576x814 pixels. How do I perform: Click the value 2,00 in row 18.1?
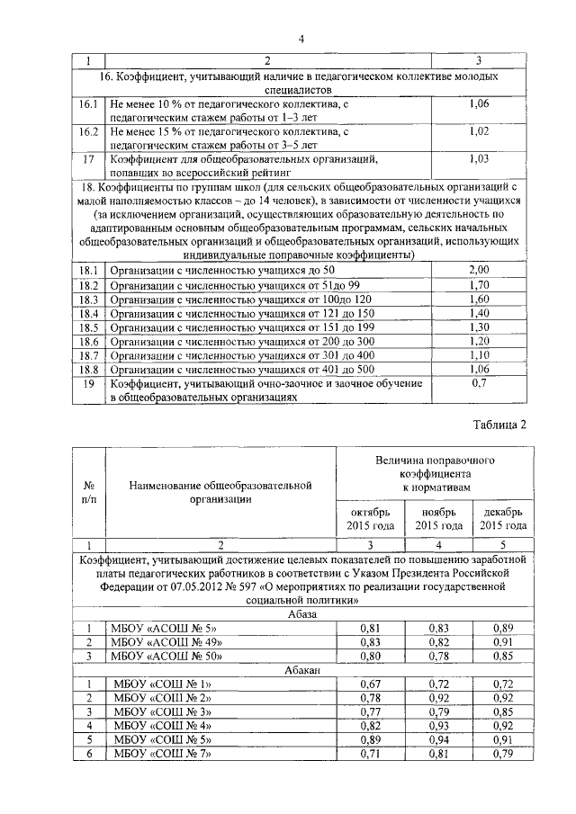pos(479,271)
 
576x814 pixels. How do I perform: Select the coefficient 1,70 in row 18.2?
pos(479,285)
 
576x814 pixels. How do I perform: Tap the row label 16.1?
pos(87,105)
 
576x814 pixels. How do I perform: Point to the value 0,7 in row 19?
pos(479,384)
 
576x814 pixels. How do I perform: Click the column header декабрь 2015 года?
pos(503,519)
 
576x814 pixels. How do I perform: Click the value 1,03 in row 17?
pos(479,159)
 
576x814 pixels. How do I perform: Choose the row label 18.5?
pos(87,328)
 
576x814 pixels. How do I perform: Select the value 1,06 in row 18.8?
pos(479,370)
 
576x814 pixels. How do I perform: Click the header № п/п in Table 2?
pos(87,490)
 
